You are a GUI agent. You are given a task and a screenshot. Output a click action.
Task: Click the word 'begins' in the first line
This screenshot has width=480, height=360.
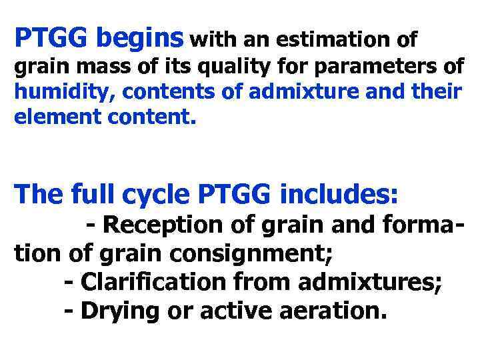(139, 39)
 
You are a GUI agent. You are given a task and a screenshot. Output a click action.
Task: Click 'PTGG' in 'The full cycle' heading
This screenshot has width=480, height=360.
(235, 194)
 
